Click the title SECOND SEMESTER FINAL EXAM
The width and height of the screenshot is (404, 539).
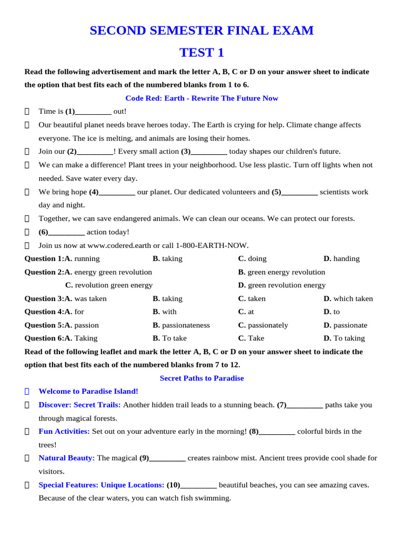pos(201,31)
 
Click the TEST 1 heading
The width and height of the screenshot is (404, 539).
pos(201,53)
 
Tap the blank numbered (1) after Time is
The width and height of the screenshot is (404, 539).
pos(93,112)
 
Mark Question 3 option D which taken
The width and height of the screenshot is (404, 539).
pos(348,299)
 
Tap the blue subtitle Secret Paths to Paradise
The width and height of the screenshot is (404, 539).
pos(201,378)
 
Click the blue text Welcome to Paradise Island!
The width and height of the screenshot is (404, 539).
pos(88,392)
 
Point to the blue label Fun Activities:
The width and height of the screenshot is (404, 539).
pos(64,432)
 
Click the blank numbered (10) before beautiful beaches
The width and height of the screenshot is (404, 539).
pos(198,485)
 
